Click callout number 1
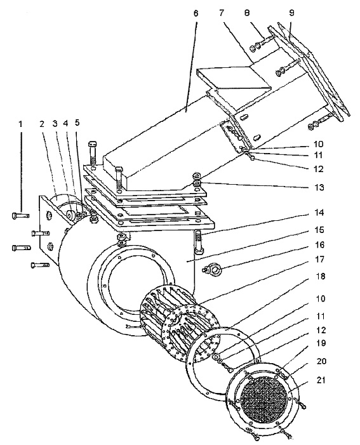coord(20,124)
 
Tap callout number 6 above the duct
coord(196,13)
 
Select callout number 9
coord(291,13)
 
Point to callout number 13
coord(320,187)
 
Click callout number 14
coord(320,213)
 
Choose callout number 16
coord(320,244)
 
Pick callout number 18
coord(320,276)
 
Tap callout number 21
coord(321,380)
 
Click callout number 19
coord(320,343)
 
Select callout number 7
coord(222,13)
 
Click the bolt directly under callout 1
coord(21,216)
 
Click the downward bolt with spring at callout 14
coord(198,242)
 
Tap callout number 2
coord(42,124)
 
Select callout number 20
coord(321,361)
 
